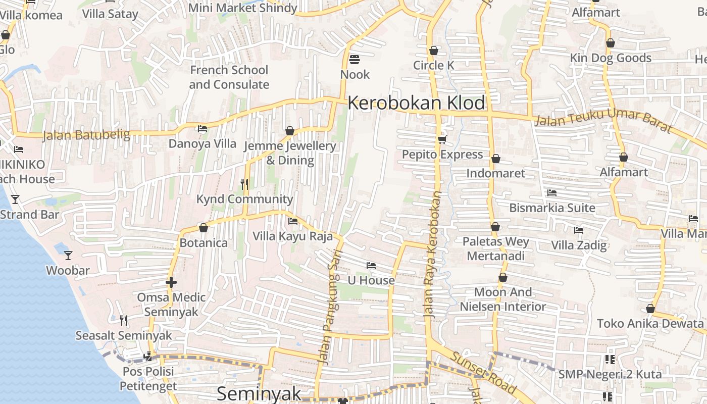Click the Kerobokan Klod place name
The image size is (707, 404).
(x=416, y=103)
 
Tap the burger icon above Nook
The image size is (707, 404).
(x=355, y=60)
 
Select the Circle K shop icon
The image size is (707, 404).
(x=433, y=50)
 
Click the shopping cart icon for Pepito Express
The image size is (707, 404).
(x=442, y=139)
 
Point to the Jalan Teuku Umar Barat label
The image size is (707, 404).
(x=603, y=123)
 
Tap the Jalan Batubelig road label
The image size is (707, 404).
(x=86, y=135)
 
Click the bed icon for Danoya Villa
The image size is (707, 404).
(x=203, y=129)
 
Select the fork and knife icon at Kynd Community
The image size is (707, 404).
(x=244, y=184)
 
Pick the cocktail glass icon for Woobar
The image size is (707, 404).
(x=68, y=256)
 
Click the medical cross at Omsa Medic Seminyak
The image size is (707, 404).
(x=171, y=282)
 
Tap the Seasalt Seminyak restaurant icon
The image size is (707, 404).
(x=124, y=320)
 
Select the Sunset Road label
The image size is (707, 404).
(x=484, y=373)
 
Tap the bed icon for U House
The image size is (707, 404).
(x=371, y=266)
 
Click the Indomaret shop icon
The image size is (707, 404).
(x=495, y=159)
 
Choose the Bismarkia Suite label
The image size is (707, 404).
(x=552, y=208)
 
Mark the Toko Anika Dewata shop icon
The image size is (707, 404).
(x=650, y=309)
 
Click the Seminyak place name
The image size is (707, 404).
(x=259, y=393)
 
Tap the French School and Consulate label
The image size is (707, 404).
(x=229, y=77)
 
